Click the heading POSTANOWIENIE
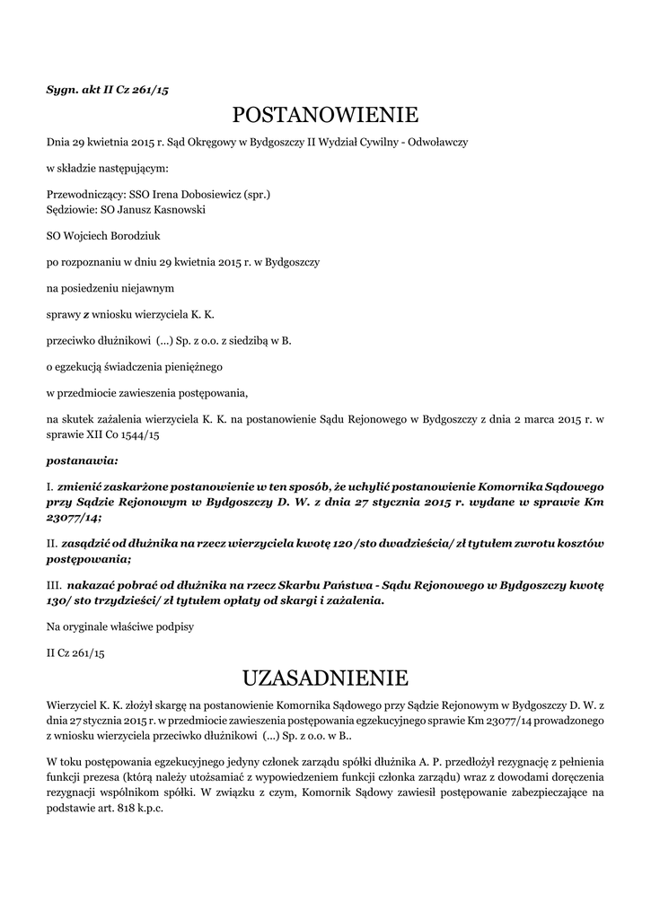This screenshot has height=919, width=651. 325,115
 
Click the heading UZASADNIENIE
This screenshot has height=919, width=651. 325,676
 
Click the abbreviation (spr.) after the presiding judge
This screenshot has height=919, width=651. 258,193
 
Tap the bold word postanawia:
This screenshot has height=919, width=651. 82,461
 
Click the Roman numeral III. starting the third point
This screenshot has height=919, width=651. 54,583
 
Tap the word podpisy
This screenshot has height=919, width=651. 171,626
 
